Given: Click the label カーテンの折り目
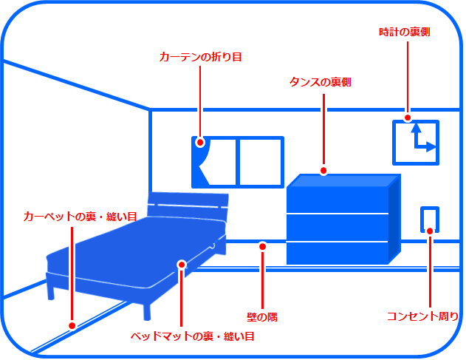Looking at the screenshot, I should pos(200,56).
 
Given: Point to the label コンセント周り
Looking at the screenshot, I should pos(423,316).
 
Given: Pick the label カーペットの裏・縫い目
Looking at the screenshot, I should pos(80,217).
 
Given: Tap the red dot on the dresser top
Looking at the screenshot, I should pos(323,171).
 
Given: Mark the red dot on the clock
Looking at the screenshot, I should pos(407,118).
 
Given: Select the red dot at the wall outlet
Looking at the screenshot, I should pos(429,231).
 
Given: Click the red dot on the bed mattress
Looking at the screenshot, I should pos(181,264).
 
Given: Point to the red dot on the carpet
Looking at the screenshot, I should pos(72,325).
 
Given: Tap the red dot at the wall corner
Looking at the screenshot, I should pos(262,245).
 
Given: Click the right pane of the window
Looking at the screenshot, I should pos(259,162).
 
